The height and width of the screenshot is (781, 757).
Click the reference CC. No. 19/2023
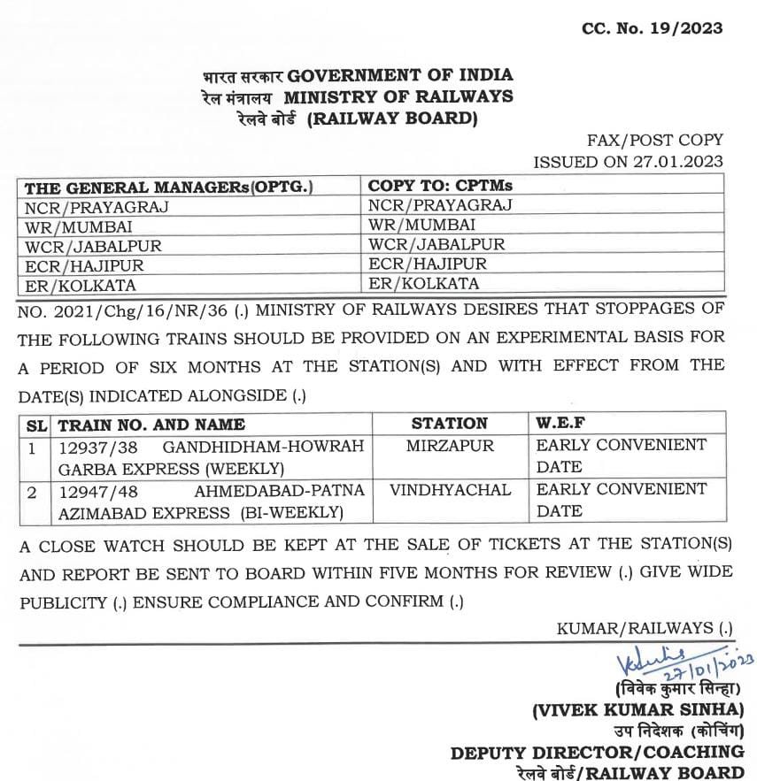[x=652, y=28]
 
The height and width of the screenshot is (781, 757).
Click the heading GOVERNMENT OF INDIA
[x=400, y=75]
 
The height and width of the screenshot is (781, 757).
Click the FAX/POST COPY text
[x=654, y=140]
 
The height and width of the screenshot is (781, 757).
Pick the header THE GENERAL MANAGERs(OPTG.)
[x=169, y=188]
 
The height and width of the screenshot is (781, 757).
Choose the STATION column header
[x=449, y=424]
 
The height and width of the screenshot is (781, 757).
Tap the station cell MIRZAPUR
[x=450, y=446]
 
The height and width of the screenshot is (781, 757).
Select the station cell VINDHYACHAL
[x=450, y=489]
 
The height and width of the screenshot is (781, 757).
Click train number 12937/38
[x=97, y=447]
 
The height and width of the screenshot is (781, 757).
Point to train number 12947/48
[x=97, y=490]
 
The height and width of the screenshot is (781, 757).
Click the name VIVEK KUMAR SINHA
[x=637, y=709]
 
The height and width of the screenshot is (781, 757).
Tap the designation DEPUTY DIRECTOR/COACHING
[x=597, y=752]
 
